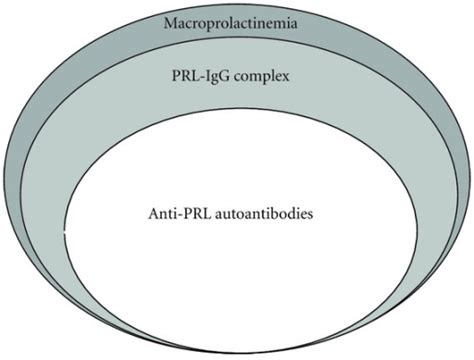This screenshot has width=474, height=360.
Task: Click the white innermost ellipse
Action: tap(237, 270)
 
